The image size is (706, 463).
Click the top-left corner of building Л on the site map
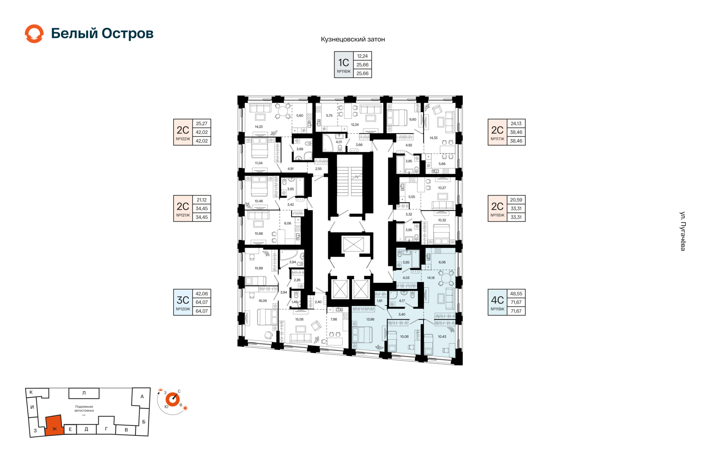point(69,388)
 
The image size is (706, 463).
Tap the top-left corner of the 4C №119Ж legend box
point(488,290)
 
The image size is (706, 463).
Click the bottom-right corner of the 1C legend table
point(372,78)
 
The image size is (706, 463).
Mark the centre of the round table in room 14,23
point(283,111)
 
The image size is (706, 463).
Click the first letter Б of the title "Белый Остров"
point(56,33)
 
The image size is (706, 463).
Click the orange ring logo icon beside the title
point(34,34)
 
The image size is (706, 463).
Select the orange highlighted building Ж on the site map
point(54,426)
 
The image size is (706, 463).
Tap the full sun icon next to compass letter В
point(186,408)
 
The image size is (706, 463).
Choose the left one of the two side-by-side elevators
point(340,289)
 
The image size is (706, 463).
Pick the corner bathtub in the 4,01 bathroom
point(329,143)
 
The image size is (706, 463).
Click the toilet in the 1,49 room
point(296,295)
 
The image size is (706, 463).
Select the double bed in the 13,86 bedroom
point(362,335)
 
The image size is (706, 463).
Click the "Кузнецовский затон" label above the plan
point(353,39)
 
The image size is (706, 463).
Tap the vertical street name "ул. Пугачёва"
point(683,231)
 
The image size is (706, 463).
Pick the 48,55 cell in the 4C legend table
point(516,294)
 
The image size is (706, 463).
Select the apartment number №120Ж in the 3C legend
point(183,309)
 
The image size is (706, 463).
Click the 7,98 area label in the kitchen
point(334,319)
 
